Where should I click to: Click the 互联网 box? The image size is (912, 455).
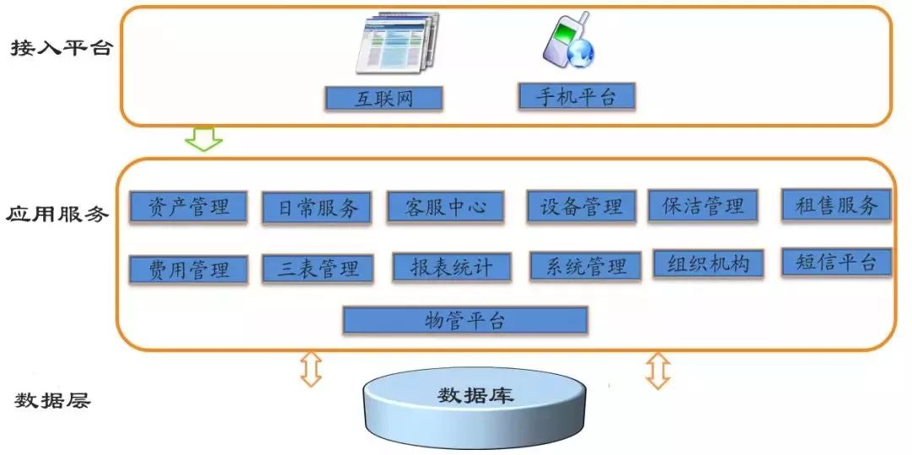pos(384,99)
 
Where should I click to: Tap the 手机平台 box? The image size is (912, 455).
pos(576,96)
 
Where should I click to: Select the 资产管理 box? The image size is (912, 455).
pos(188,206)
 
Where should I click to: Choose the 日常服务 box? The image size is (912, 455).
pos(317,209)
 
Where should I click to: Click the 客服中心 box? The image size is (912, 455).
pos(445,207)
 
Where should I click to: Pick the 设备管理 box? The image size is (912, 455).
pos(581,206)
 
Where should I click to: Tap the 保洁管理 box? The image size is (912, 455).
pos(703,205)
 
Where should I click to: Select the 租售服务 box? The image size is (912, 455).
pos(836,204)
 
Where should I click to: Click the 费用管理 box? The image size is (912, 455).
pos(188,270)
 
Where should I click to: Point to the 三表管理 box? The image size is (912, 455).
pos(317,269)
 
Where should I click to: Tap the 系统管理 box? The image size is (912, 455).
pos(584,267)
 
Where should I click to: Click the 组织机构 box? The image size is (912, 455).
pos(707,263)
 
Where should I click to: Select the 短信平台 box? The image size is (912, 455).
pos(835,262)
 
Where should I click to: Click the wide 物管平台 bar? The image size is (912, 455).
pos(464,321)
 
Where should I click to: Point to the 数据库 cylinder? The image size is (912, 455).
pos(475,405)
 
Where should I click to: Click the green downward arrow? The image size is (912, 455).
pos(204,138)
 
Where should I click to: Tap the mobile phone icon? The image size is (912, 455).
pos(567,43)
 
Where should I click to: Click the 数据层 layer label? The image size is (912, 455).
pos(52,400)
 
